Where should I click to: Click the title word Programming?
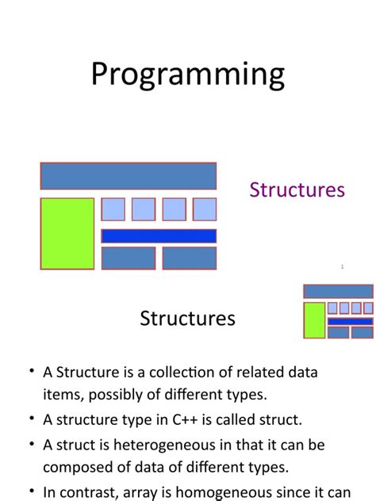(x=187, y=75)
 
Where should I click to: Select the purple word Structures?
(x=297, y=190)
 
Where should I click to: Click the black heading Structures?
(x=187, y=319)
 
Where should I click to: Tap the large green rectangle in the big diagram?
(x=67, y=234)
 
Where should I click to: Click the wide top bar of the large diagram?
(x=129, y=176)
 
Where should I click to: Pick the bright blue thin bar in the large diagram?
(x=159, y=235)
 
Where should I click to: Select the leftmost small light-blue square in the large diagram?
(x=113, y=209)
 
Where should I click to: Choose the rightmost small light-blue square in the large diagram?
(x=205, y=209)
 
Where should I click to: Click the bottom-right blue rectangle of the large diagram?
(x=190, y=258)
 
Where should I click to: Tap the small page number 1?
(x=342, y=267)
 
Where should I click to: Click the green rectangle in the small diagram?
(x=314, y=320)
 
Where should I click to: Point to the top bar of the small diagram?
(x=338, y=291)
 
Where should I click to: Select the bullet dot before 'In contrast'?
(x=31, y=491)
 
